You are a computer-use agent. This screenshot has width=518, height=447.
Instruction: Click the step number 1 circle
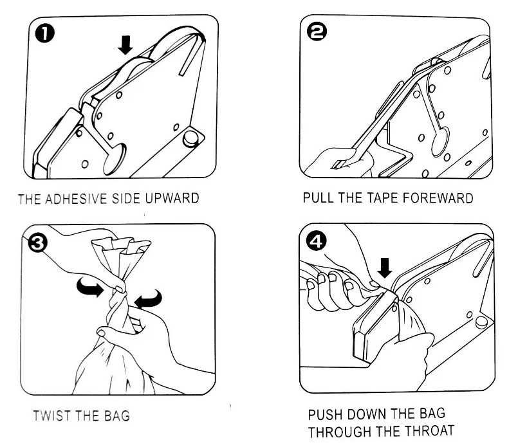44,34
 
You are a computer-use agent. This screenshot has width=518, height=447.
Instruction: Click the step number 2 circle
317,32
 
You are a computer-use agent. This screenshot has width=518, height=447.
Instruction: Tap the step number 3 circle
38,243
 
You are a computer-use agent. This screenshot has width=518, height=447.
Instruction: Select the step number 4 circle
316,242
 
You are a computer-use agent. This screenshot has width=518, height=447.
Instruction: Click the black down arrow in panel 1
125,45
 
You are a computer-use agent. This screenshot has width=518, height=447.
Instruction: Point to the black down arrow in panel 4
385,268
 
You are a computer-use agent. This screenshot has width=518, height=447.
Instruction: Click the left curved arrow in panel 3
89,286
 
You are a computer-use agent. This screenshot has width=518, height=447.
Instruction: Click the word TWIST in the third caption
52,415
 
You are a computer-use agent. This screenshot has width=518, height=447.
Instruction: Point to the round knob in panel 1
191,139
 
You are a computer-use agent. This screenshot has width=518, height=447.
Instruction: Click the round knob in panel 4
481,322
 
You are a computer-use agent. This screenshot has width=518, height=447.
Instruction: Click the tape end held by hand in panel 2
340,164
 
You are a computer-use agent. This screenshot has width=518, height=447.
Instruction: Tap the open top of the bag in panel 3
121,244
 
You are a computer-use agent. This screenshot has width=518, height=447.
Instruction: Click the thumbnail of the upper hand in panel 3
119,289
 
